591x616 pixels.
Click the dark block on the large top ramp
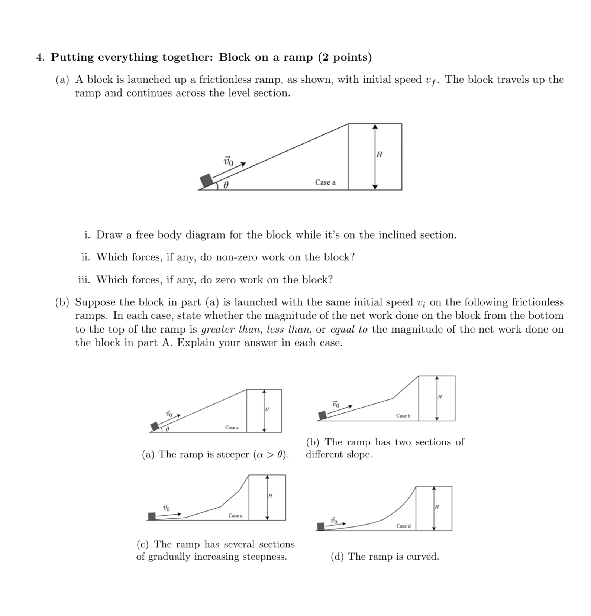pos(206,181)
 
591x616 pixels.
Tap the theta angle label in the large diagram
pos(226,185)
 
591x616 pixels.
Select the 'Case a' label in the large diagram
pos(325,182)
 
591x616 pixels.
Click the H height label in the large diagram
pos(380,154)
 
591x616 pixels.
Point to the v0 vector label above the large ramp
pos(229,161)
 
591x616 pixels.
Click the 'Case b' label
pos(403,416)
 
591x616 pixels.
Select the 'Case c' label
pos(235,516)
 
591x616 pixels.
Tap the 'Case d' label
pos(403,526)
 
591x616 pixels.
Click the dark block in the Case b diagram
pos(322,415)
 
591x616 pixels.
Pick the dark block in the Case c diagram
pos(152,516)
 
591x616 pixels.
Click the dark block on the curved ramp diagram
pos(321,526)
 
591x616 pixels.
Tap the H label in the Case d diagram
pos(437,507)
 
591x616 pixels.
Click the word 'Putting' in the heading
pos(73,57)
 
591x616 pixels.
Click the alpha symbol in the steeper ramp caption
pos(260,454)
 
